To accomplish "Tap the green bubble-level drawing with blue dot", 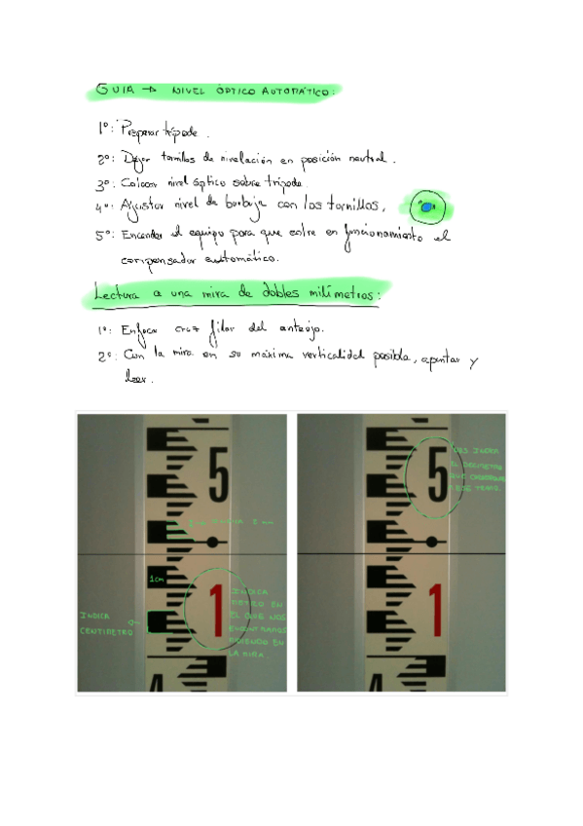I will (x=427, y=206).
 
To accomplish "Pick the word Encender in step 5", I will (x=152, y=235).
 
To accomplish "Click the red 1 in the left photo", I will (x=217, y=609).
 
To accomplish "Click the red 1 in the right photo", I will (x=435, y=609).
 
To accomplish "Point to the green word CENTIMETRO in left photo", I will (x=106, y=630).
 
